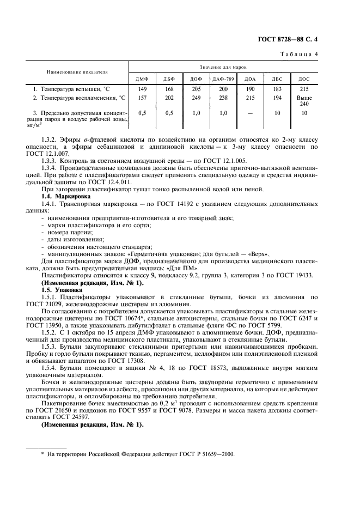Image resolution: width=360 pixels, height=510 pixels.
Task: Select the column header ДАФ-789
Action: pyautogui.click(x=223, y=79)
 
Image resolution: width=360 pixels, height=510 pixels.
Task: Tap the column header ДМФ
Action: pyautogui.click(x=143, y=79)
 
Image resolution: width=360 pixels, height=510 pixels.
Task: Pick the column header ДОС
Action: pyautogui.click(x=304, y=79)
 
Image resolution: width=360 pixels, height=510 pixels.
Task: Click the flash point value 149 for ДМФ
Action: pyautogui.click(x=143, y=89)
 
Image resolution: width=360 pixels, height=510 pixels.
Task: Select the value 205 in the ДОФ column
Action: pyautogui.click(x=196, y=89)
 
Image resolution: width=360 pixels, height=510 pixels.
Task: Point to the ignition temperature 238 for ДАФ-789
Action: pyautogui.click(x=223, y=98)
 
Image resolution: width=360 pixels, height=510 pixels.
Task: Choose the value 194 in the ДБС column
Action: pyautogui.click(x=277, y=98)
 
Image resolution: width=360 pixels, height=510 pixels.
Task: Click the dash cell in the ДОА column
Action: pyautogui.click(x=251, y=113)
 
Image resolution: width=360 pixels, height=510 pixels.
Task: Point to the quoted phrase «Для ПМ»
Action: pyautogui.click(x=187, y=268)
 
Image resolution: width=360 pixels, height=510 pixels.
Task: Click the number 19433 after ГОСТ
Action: pyautogui.click(x=302, y=276)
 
